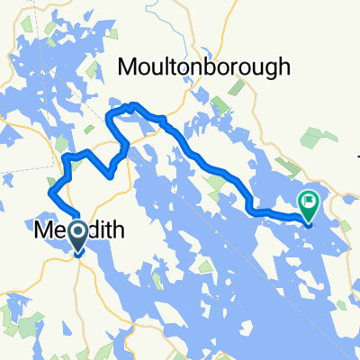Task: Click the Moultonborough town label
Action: (206, 67)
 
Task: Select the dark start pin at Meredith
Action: (78, 237)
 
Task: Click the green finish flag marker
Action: (309, 205)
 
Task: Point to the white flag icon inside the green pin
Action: (309, 201)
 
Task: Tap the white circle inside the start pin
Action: (78, 234)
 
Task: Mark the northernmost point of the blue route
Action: (132, 105)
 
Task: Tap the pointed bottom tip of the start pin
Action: (78, 255)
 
